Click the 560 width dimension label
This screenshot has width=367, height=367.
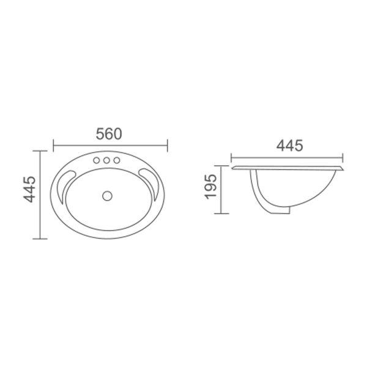[x=110, y=133]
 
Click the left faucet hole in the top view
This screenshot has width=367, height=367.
[x=97, y=161]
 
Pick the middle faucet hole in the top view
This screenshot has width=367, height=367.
[x=106, y=161]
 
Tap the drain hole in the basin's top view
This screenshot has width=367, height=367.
[x=108, y=196]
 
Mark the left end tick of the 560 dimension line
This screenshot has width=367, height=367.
[x=54, y=144]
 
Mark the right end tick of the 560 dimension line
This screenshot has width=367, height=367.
[x=167, y=144]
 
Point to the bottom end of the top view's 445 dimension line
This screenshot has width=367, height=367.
[x=40, y=238]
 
